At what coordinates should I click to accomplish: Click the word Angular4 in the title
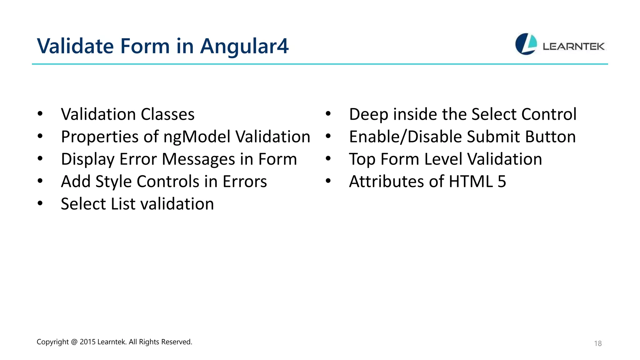tap(244, 46)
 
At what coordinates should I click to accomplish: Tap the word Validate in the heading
tap(75, 46)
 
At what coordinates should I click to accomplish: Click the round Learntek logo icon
tap(526, 44)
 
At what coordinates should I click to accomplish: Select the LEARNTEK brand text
tap(573, 47)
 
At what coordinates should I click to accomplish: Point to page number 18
tap(597, 343)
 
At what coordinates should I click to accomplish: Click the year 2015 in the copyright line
tap(87, 342)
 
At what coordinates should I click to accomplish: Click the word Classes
tap(167, 114)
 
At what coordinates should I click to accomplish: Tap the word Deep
tap(369, 114)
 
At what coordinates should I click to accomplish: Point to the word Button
tap(550, 137)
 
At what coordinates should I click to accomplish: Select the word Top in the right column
tap(362, 159)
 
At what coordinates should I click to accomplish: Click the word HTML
tap(471, 182)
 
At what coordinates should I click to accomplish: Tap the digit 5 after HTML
tap(502, 182)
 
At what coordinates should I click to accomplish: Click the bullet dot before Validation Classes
tap(40, 114)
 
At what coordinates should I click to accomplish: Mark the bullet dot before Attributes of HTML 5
tap(328, 181)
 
